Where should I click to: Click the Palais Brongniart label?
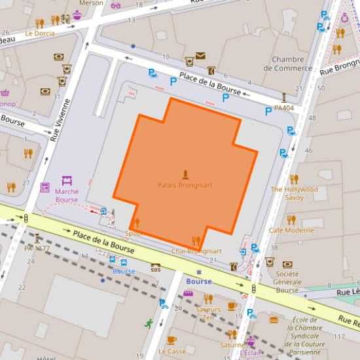(x=185, y=185)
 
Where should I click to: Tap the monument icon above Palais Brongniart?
(x=185, y=175)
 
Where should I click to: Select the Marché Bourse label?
(x=67, y=196)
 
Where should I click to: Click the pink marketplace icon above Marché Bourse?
(x=67, y=180)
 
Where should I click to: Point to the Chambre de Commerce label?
(x=288, y=63)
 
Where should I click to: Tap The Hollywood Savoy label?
(x=294, y=193)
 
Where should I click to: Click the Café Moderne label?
(x=291, y=230)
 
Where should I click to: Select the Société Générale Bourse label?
(x=287, y=281)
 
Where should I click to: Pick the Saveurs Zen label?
(x=208, y=313)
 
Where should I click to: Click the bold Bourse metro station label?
(x=199, y=281)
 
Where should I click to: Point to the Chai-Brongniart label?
(x=196, y=251)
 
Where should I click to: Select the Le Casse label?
(x=172, y=351)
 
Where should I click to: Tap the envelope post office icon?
(x=200, y=56)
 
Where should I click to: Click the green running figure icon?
(x=149, y=323)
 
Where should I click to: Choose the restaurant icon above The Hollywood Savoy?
(x=294, y=179)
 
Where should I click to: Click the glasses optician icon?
(x=116, y=5)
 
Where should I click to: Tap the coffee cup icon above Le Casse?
(x=171, y=340)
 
